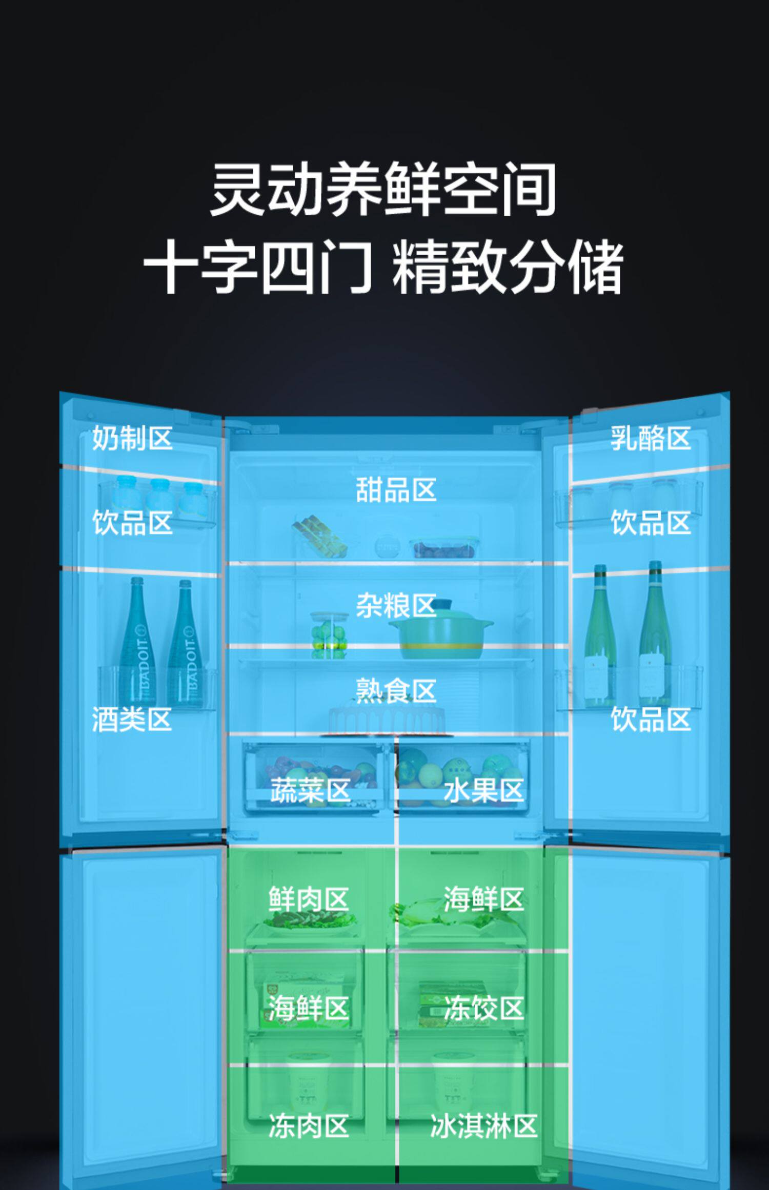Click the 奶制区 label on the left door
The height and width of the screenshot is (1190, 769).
pyautogui.click(x=132, y=439)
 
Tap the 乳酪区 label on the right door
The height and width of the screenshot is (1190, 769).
pyautogui.click(x=651, y=439)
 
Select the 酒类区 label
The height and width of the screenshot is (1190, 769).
pyautogui.click(x=132, y=719)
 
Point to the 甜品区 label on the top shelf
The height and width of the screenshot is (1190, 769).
pyautogui.click(x=396, y=489)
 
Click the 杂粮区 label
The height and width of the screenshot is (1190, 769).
pyautogui.click(x=396, y=606)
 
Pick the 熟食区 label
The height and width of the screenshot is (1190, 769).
pyautogui.click(x=396, y=691)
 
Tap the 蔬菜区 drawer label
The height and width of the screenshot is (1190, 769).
pyautogui.click(x=311, y=790)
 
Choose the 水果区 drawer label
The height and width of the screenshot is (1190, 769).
pyautogui.click(x=483, y=790)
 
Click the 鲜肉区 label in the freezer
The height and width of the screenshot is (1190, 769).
pyautogui.click(x=309, y=899)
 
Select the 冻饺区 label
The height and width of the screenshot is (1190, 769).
pyautogui.click(x=483, y=1008)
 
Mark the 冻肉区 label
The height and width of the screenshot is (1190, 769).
pyautogui.click(x=309, y=1126)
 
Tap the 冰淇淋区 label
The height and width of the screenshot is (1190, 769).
pyautogui.click(x=483, y=1126)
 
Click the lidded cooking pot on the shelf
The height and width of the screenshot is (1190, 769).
pyautogui.click(x=441, y=633)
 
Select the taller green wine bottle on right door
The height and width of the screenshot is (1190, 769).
pyautogui.click(x=655, y=635)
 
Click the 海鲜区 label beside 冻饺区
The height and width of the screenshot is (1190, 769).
pyautogui.click(x=309, y=1008)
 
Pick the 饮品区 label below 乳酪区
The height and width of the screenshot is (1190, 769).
pyautogui.click(x=651, y=523)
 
